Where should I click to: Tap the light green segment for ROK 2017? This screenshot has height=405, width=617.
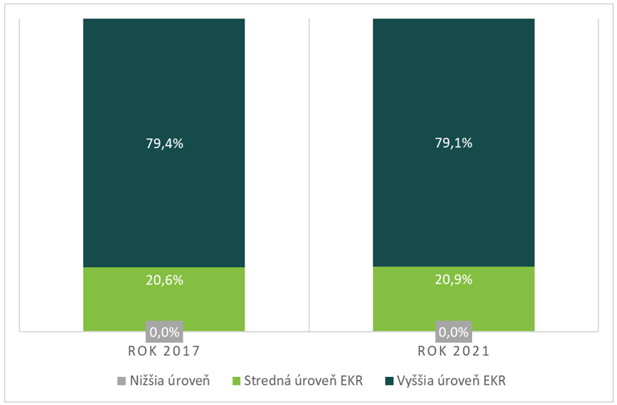[x=163, y=302]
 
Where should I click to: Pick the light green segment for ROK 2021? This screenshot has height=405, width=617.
[x=453, y=302]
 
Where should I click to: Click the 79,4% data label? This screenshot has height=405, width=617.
[x=164, y=144]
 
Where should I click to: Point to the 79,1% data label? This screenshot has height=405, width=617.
[x=454, y=144]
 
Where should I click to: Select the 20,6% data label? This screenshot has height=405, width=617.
[x=164, y=280]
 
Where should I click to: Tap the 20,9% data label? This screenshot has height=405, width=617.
[x=454, y=280]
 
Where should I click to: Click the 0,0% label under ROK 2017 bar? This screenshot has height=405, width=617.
[x=164, y=331]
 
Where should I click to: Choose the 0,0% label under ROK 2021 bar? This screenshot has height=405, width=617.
[x=454, y=331]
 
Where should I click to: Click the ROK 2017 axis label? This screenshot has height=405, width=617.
[x=164, y=352]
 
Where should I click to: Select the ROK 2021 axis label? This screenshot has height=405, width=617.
[x=454, y=352]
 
